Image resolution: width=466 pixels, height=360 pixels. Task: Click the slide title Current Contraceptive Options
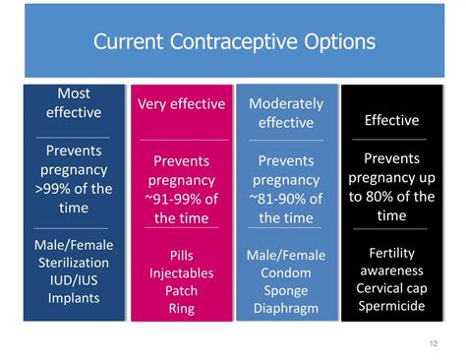[x=233, y=42]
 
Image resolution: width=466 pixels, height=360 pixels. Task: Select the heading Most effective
[x=73, y=102]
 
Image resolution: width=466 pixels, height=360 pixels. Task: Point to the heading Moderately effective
[x=286, y=112]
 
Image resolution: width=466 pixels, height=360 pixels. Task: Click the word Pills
[x=181, y=255]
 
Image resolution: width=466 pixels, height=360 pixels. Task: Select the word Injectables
[x=181, y=272]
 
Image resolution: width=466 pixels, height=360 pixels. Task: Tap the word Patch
[x=181, y=290]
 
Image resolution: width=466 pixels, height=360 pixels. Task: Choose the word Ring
[x=181, y=308]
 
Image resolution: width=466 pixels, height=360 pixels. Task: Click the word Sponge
[x=286, y=290]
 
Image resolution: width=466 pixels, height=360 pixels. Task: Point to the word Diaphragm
[x=286, y=308]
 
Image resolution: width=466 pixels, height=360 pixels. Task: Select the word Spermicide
[x=391, y=306]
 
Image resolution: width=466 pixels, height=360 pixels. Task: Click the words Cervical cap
[x=391, y=288]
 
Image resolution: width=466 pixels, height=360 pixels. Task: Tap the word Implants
[x=74, y=296]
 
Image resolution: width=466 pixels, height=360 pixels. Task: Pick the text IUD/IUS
[x=74, y=278]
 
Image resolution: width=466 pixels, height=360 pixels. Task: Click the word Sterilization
[x=74, y=261]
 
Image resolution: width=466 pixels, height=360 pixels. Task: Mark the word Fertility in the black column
[x=391, y=253]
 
